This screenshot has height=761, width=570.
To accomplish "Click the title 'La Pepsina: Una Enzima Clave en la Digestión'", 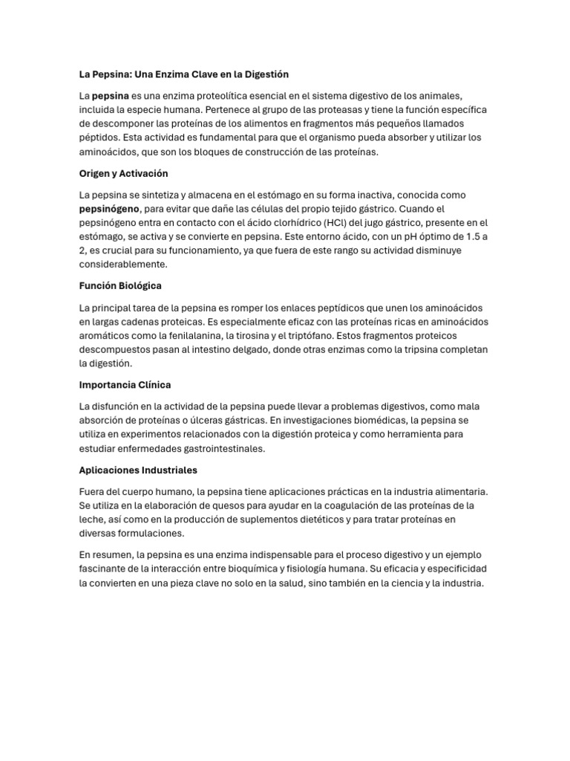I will coord(183,74).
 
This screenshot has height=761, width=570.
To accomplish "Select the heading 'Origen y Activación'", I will coord(123,173).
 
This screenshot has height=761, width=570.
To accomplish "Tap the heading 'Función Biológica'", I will coord(120,285).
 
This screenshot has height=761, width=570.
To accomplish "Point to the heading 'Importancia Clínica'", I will coord(125,385).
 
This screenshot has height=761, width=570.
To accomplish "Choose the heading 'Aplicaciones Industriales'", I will coord(138,470).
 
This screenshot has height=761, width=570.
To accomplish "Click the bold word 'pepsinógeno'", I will coord(109,209).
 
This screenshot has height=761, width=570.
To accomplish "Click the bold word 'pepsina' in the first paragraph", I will coord(110,96).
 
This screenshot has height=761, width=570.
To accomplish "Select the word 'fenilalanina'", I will coord(194,335).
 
